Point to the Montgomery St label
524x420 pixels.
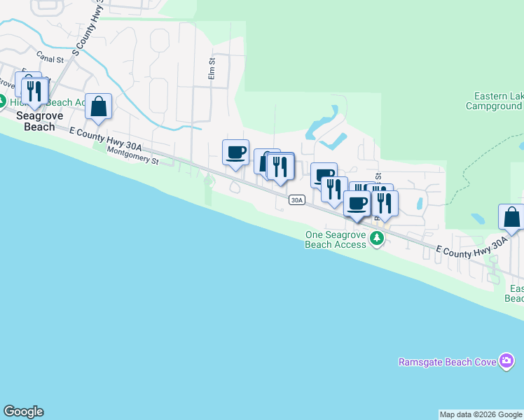(133, 155)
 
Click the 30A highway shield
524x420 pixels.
(296, 200)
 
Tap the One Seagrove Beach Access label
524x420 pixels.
(336, 239)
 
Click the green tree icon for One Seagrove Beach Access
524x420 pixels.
(377, 239)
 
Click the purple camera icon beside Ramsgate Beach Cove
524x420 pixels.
(507, 361)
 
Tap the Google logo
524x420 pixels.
(23, 412)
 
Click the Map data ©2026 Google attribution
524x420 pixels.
(481, 414)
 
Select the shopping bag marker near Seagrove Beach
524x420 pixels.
(99, 107)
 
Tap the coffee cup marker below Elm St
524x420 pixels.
(236, 152)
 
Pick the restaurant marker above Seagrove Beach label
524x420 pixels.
(34, 91)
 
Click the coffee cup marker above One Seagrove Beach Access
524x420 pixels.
(357, 203)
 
